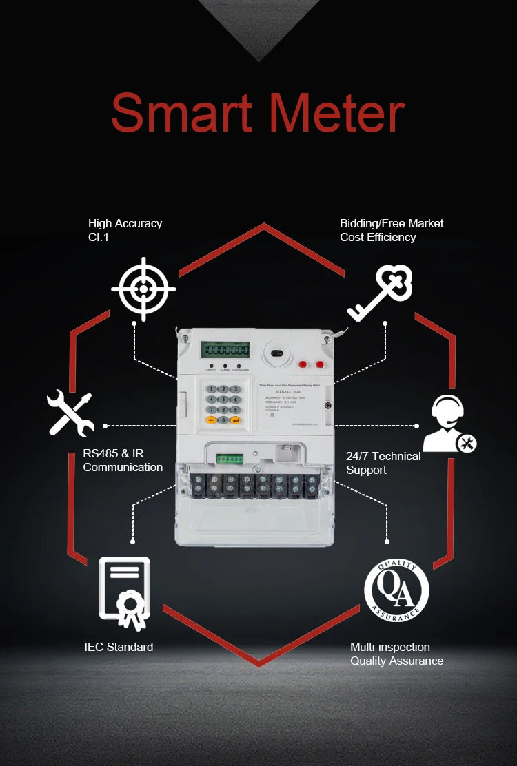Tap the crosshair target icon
[x=143, y=289]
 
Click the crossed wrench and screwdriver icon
[x=70, y=413]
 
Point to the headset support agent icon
[x=449, y=424]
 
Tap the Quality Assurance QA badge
[x=396, y=590]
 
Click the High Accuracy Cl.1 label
[x=125, y=230]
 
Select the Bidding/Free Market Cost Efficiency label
[x=392, y=230]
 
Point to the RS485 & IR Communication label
[x=123, y=460]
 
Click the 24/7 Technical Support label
[x=383, y=463]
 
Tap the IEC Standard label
[x=119, y=647]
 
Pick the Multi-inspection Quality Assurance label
[x=396, y=654]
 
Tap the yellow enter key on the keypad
[x=235, y=420]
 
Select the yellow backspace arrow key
[x=211, y=420]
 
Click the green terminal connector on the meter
[x=230, y=458]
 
